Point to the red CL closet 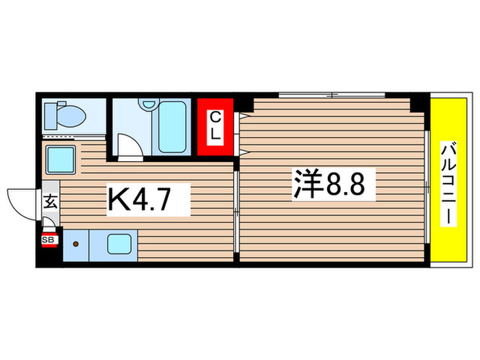click(215, 127)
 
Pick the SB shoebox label click(49, 239)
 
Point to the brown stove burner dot click(76, 243)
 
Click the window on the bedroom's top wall click(331, 94)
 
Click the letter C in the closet click(215, 116)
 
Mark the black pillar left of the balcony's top click(418, 102)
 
